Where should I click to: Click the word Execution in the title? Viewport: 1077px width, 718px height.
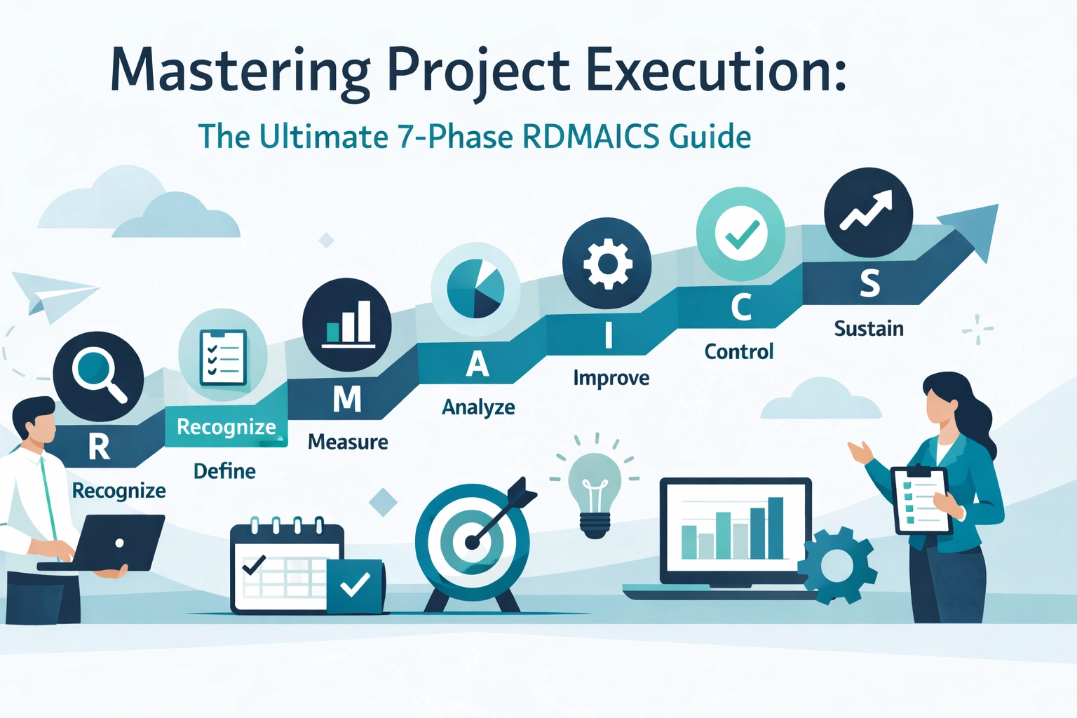click(x=715, y=70)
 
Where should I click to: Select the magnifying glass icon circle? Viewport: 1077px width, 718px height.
click(x=98, y=376)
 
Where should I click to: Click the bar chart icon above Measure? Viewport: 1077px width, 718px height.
click(x=347, y=325)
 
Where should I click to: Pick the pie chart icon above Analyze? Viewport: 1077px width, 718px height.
click(x=475, y=287)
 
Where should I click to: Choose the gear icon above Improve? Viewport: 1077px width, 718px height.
click(x=607, y=264)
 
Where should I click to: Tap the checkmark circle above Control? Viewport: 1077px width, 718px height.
click(x=741, y=234)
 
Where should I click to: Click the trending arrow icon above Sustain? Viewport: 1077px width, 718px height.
click(x=868, y=212)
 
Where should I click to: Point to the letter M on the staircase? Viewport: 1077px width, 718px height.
click(x=347, y=400)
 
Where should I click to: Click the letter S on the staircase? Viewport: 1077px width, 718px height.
click(x=869, y=283)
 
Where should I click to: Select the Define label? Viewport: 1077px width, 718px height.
click(x=224, y=471)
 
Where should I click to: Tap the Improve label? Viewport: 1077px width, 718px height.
click(x=611, y=378)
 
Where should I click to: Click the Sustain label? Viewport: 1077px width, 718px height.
click(x=868, y=329)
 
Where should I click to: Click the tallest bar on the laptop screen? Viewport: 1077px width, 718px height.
click(x=775, y=527)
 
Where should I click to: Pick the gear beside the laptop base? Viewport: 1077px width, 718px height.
click(x=837, y=565)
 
